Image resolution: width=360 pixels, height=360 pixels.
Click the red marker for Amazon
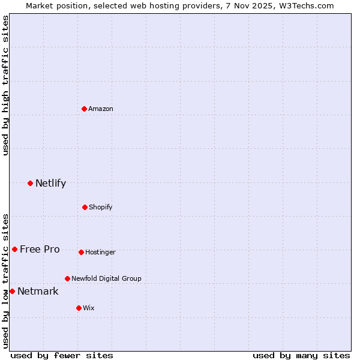[84, 109]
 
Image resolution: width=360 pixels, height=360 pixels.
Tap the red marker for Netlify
[30, 183]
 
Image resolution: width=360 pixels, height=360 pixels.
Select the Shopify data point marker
[85, 207]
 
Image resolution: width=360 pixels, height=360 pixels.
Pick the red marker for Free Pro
[14, 249]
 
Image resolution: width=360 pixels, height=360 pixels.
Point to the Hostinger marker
[81, 252]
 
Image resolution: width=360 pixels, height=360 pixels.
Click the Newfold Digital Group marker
[67, 278]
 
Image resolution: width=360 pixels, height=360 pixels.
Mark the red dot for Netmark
[12, 291]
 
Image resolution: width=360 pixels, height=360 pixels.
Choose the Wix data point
[79, 308]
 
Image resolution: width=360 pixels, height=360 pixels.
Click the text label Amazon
[101, 109]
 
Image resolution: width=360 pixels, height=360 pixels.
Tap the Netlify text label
[50, 184]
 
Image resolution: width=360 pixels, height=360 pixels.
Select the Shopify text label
[101, 207]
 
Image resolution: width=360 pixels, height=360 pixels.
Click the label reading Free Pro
[40, 250]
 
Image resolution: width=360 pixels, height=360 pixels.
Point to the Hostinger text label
[100, 253]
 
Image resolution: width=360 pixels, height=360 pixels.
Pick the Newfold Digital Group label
[106, 278]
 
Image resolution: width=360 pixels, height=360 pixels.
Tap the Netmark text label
[38, 292]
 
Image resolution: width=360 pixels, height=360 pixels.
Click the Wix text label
[89, 308]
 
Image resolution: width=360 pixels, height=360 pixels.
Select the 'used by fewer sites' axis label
[62, 355]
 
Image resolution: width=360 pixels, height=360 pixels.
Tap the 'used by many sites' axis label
[301, 355]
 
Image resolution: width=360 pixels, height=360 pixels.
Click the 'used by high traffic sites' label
[5, 85]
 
